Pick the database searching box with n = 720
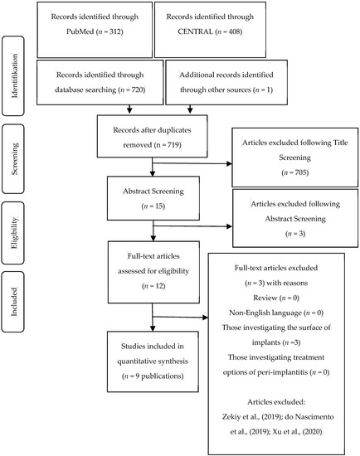pos(102,82)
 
